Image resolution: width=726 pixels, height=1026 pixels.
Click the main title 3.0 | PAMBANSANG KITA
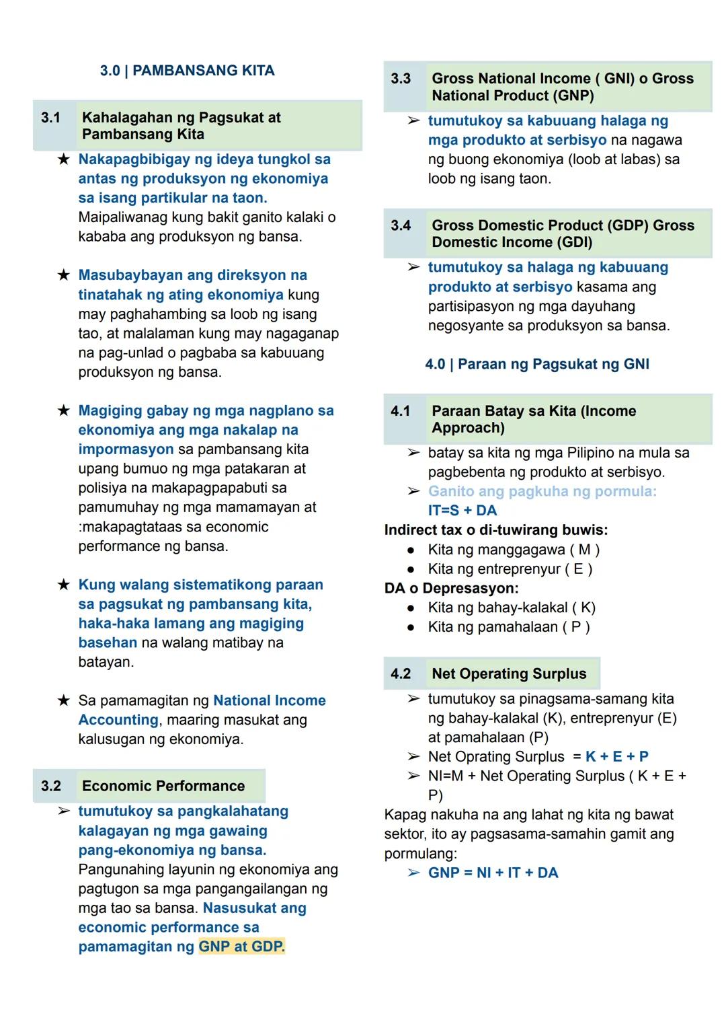(187, 71)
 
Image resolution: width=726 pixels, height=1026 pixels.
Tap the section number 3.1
(50, 118)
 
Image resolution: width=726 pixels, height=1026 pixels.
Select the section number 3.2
(50, 786)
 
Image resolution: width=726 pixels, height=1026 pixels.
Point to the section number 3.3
(401, 79)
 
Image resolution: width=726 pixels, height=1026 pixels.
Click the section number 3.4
(401, 225)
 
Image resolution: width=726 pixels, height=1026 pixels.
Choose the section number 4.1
(401, 411)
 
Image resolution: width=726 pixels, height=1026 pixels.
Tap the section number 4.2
(401, 673)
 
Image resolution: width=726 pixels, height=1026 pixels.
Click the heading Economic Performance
(163, 786)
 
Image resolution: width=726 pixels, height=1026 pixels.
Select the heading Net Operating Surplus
(509, 673)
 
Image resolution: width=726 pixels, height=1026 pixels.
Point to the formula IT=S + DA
(462, 511)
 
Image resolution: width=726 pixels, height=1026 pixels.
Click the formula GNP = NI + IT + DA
(493, 873)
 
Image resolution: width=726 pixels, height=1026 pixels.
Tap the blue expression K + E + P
(616, 756)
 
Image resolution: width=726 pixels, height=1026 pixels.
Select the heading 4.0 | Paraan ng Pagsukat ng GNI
(537, 364)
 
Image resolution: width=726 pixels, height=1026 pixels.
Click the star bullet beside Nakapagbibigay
(63, 159)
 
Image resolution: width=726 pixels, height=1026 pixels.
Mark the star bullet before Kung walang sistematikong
(63, 585)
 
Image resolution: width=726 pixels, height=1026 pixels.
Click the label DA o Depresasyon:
(451, 588)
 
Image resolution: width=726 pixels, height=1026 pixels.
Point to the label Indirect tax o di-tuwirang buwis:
(495, 530)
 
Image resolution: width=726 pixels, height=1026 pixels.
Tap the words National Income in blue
(269, 700)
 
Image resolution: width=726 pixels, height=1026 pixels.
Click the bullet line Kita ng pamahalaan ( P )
(508, 627)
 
